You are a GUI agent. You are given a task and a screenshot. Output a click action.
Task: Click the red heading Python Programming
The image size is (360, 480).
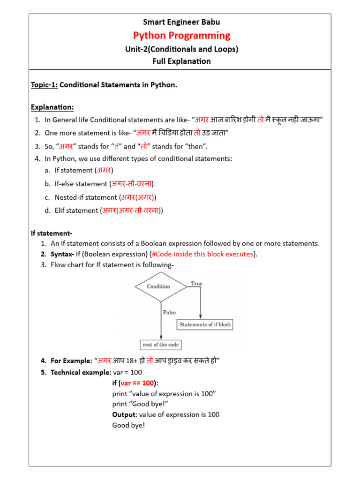tap(182, 36)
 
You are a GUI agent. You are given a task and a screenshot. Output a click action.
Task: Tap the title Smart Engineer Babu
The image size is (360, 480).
tap(181, 22)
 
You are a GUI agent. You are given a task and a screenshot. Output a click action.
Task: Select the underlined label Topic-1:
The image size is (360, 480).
tap(44, 85)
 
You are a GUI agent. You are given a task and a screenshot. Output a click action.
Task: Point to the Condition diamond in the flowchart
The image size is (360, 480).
tap(158, 286)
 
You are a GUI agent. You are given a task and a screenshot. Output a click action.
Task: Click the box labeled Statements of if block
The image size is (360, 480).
tap(205, 324)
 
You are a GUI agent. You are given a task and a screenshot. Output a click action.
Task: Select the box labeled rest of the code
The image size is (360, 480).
tap(161, 345)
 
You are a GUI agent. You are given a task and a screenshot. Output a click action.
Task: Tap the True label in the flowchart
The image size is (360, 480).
tap(196, 284)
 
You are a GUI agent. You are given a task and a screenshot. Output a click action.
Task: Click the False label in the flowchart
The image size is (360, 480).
tap(169, 312)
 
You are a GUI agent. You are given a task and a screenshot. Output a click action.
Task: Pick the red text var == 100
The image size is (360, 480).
tap(139, 383)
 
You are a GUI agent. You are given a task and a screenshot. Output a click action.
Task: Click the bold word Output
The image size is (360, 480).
tap(124, 414)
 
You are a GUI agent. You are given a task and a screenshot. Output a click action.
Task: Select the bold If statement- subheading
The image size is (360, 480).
tap(52, 233)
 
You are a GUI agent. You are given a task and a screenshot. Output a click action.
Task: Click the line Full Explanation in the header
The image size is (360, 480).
tap(181, 61)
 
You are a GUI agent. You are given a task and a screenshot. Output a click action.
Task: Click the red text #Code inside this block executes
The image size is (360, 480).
tap(203, 254)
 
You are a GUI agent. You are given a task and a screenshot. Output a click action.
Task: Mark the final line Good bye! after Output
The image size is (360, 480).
tap(128, 425)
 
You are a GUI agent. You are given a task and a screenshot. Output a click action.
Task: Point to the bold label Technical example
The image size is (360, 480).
tap(80, 373)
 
